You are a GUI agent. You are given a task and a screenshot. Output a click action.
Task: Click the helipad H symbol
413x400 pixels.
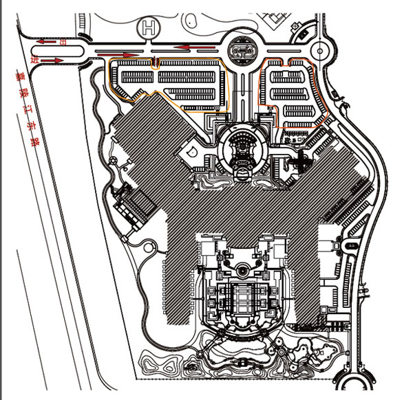(147, 28)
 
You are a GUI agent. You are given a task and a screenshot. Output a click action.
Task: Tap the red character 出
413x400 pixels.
(63, 43)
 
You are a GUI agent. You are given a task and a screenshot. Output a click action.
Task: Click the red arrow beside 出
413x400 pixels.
(47, 43)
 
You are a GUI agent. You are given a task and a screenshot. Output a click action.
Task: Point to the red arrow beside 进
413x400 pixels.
(50, 61)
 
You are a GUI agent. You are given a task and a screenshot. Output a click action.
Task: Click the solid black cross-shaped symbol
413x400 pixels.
(301, 163)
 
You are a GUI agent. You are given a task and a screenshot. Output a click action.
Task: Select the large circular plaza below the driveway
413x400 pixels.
(243, 148)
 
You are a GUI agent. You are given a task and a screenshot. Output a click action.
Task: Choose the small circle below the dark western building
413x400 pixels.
(131, 236)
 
